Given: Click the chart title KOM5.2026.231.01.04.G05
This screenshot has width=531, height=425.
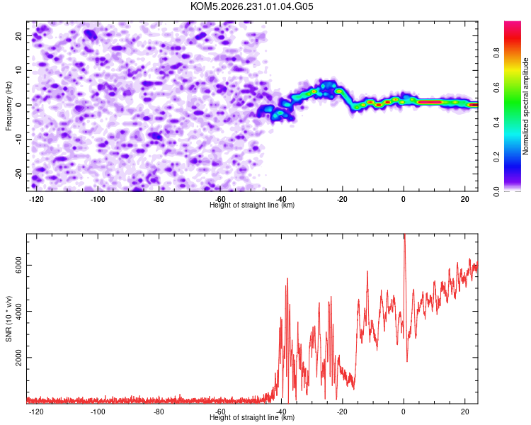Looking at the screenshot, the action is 252,6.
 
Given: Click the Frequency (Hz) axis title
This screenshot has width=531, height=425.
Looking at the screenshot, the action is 8,106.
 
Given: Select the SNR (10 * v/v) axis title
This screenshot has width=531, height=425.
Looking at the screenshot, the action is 8,319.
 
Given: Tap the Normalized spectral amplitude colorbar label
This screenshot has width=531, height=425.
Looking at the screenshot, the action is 525,106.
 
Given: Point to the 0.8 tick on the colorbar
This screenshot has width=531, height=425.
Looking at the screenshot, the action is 496,53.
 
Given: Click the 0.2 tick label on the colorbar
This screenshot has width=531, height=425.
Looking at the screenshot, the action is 496,157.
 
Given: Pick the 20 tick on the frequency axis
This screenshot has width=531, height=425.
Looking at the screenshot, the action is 18,35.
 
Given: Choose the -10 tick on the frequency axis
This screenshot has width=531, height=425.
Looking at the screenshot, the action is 18,139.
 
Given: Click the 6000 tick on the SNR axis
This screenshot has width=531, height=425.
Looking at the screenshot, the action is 18,265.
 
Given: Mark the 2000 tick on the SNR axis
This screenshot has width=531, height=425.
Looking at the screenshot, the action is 18,358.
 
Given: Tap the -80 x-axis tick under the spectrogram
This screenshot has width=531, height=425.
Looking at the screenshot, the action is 159,199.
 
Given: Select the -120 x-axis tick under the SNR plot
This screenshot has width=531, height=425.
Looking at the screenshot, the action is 36,412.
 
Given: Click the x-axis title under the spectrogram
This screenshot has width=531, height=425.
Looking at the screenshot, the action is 252,205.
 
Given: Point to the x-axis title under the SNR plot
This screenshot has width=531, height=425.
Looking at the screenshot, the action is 252,417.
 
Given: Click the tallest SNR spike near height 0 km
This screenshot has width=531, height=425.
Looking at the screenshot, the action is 404,234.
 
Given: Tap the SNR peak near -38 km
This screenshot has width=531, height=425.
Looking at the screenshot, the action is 287,278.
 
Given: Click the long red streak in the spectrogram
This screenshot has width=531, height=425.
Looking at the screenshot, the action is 430,102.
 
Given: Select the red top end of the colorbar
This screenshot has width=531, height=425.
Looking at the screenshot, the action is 513,23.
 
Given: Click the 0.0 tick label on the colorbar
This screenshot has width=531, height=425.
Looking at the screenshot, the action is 496,192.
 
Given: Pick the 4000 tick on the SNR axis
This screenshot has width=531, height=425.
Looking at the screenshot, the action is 18,311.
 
